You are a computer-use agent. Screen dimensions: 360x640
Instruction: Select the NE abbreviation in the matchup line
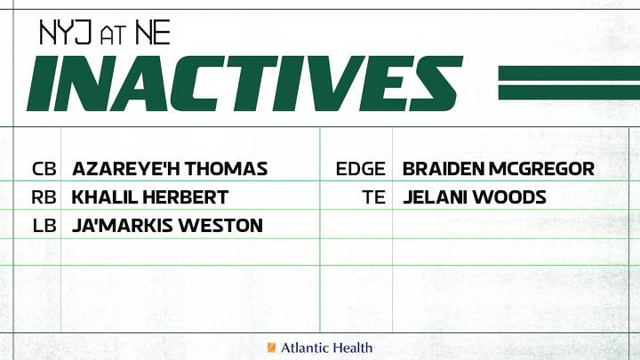pyautogui.click(x=152, y=34)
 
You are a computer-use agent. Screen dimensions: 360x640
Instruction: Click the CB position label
pyautogui.click(x=43, y=169)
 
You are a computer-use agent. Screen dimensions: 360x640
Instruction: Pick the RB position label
pyautogui.click(x=43, y=197)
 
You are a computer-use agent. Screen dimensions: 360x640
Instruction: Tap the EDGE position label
pyautogui.click(x=361, y=169)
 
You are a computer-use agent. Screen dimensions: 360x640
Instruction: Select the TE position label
pyautogui.click(x=374, y=197)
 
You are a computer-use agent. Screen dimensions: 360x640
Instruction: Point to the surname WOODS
pyautogui.click(x=510, y=197)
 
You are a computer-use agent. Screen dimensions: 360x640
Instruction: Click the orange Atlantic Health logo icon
pyautogui.click(x=271, y=348)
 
